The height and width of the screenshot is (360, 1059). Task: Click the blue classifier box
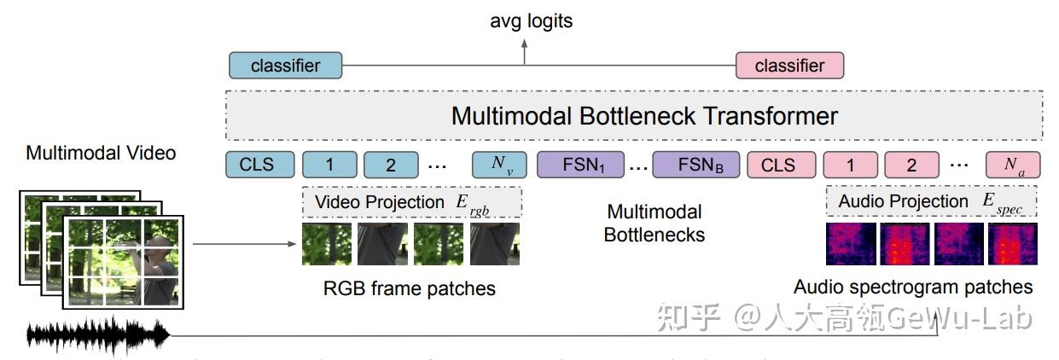click(x=285, y=66)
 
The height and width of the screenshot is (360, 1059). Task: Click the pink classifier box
click(x=789, y=66)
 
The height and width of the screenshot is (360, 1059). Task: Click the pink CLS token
click(x=777, y=165)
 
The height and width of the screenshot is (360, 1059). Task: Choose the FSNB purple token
click(x=695, y=165)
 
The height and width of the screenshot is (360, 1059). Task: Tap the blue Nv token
click(x=499, y=165)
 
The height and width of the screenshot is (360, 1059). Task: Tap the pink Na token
click(x=1013, y=165)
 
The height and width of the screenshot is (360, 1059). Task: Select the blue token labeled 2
click(x=391, y=165)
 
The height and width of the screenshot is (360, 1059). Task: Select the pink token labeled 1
click(x=850, y=165)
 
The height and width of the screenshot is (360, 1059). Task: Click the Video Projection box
click(x=411, y=202)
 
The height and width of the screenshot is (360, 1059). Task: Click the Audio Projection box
click(x=931, y=202)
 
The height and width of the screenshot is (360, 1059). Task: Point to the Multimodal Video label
click(x=101, y=154)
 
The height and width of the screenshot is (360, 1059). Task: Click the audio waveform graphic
click(x=98, y=335)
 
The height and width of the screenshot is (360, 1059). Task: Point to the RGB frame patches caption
click(x=410, y=288)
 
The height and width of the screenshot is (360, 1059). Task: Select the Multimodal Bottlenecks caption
click(x=655, y=222)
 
